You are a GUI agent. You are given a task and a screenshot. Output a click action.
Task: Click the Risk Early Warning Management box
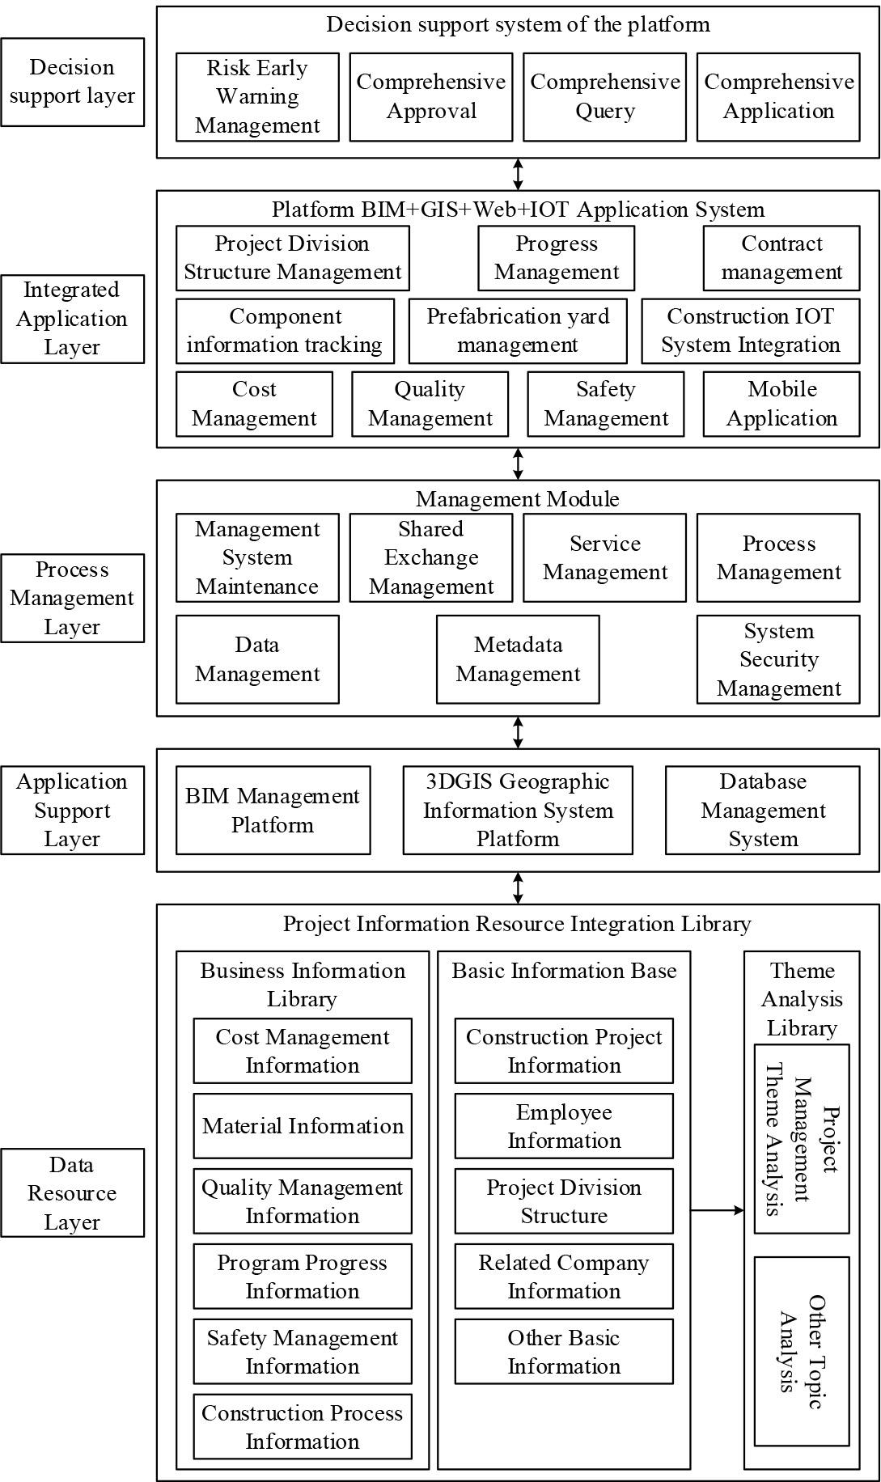coord(257,97)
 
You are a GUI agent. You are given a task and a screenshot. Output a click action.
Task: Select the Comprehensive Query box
coord(604,97)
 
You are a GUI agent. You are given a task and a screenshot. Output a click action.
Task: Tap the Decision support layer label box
coord(72,82)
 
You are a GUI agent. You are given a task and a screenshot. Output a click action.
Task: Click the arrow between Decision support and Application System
coord(518,174)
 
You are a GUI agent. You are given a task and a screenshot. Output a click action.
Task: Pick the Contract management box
coord(781,258)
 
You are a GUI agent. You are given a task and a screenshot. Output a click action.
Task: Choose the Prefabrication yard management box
coord(518,331)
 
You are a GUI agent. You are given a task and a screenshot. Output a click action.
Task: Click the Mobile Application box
coord(781,404)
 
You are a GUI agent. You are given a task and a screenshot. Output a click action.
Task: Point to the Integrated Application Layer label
coord(72,319)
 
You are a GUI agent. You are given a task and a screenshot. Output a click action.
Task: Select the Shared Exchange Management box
coord(430,557)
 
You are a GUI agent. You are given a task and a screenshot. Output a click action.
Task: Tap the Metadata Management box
coord(518,659)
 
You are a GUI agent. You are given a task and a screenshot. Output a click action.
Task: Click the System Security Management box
coord(777,659)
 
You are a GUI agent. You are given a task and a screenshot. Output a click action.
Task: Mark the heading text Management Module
coord(518,498)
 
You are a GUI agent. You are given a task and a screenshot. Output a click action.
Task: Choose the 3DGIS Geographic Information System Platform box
coord(518,811)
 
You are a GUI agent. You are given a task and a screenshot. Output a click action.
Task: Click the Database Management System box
coord(762,811)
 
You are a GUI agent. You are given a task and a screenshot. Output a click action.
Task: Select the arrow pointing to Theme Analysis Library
coord(717,1210)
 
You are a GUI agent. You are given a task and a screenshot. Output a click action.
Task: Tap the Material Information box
coord(303,1126)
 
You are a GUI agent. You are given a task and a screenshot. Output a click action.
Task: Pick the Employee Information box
coord(564,1126)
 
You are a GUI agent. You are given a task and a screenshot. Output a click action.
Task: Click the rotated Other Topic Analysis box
coord(801,1352)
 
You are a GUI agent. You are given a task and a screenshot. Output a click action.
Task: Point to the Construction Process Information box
coord(303,1427)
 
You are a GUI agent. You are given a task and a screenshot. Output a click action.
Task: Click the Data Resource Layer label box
coord(72,1193)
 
